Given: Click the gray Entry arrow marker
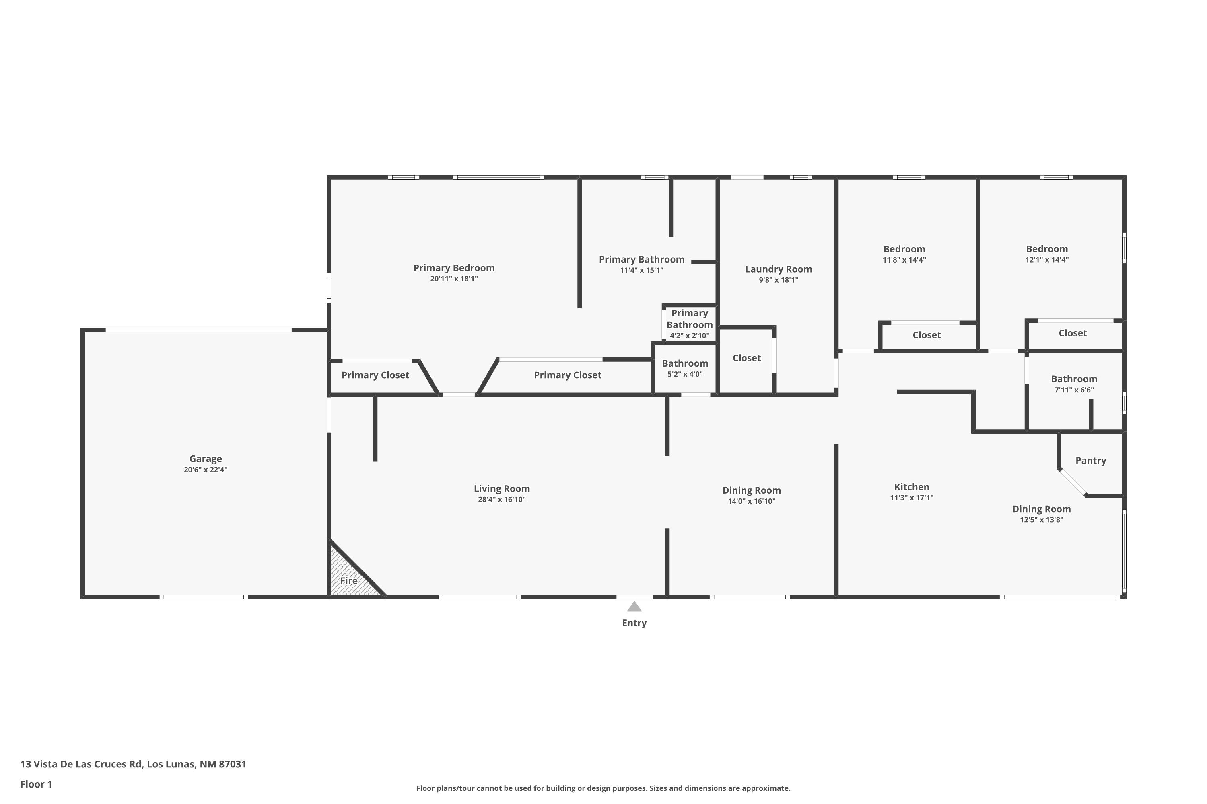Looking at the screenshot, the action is point(634,607).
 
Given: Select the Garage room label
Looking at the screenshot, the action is point(205,459).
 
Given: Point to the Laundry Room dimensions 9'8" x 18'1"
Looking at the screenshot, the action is point(779,280).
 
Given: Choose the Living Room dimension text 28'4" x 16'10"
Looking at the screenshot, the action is point(502,499).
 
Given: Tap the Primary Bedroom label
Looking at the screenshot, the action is point(454,268).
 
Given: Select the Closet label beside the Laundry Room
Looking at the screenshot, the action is point(747,358).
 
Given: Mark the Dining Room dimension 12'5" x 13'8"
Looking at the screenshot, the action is point(1041,520).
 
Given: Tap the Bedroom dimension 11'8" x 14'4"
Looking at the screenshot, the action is point(904,260).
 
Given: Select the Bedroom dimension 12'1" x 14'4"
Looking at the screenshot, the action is point(1047,260).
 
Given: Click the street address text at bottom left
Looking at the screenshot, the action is point(134,764).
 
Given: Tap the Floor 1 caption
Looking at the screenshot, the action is point(37,784).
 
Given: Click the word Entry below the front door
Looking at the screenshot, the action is point(634,623).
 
